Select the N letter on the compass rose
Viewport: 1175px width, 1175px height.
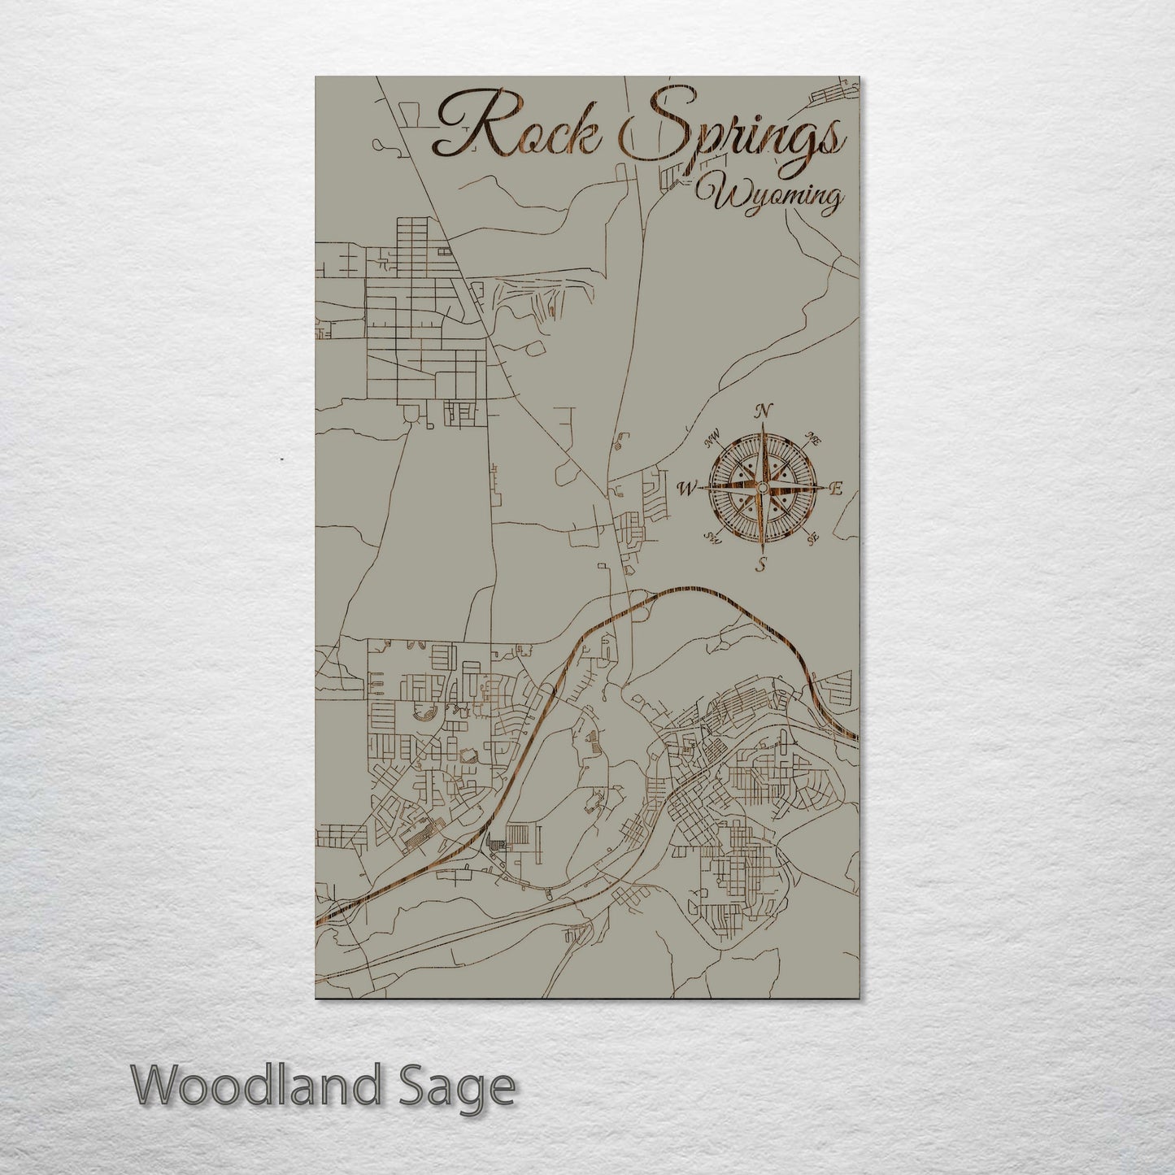[763, 410]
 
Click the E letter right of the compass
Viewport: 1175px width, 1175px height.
[835, 489]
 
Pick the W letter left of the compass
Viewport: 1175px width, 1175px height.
[687, 489]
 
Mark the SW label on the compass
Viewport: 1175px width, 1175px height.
[713, 537]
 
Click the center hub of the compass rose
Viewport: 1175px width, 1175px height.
[762, 488]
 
